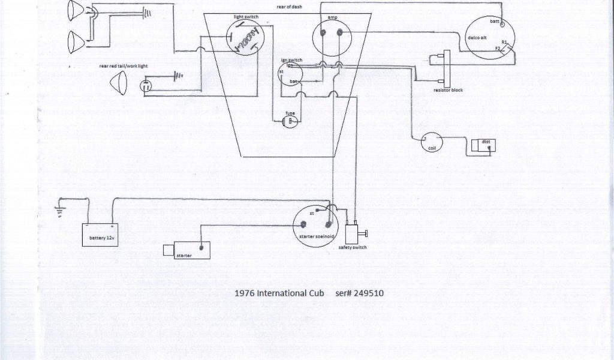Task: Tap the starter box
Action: pos(187,251)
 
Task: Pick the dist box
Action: pos(483,145)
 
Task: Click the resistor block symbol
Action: pos(446,68)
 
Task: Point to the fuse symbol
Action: pos(291,122)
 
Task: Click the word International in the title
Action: pos(281,294)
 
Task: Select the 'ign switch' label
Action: pos(291,60)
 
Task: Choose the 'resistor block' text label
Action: pos(448,90)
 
